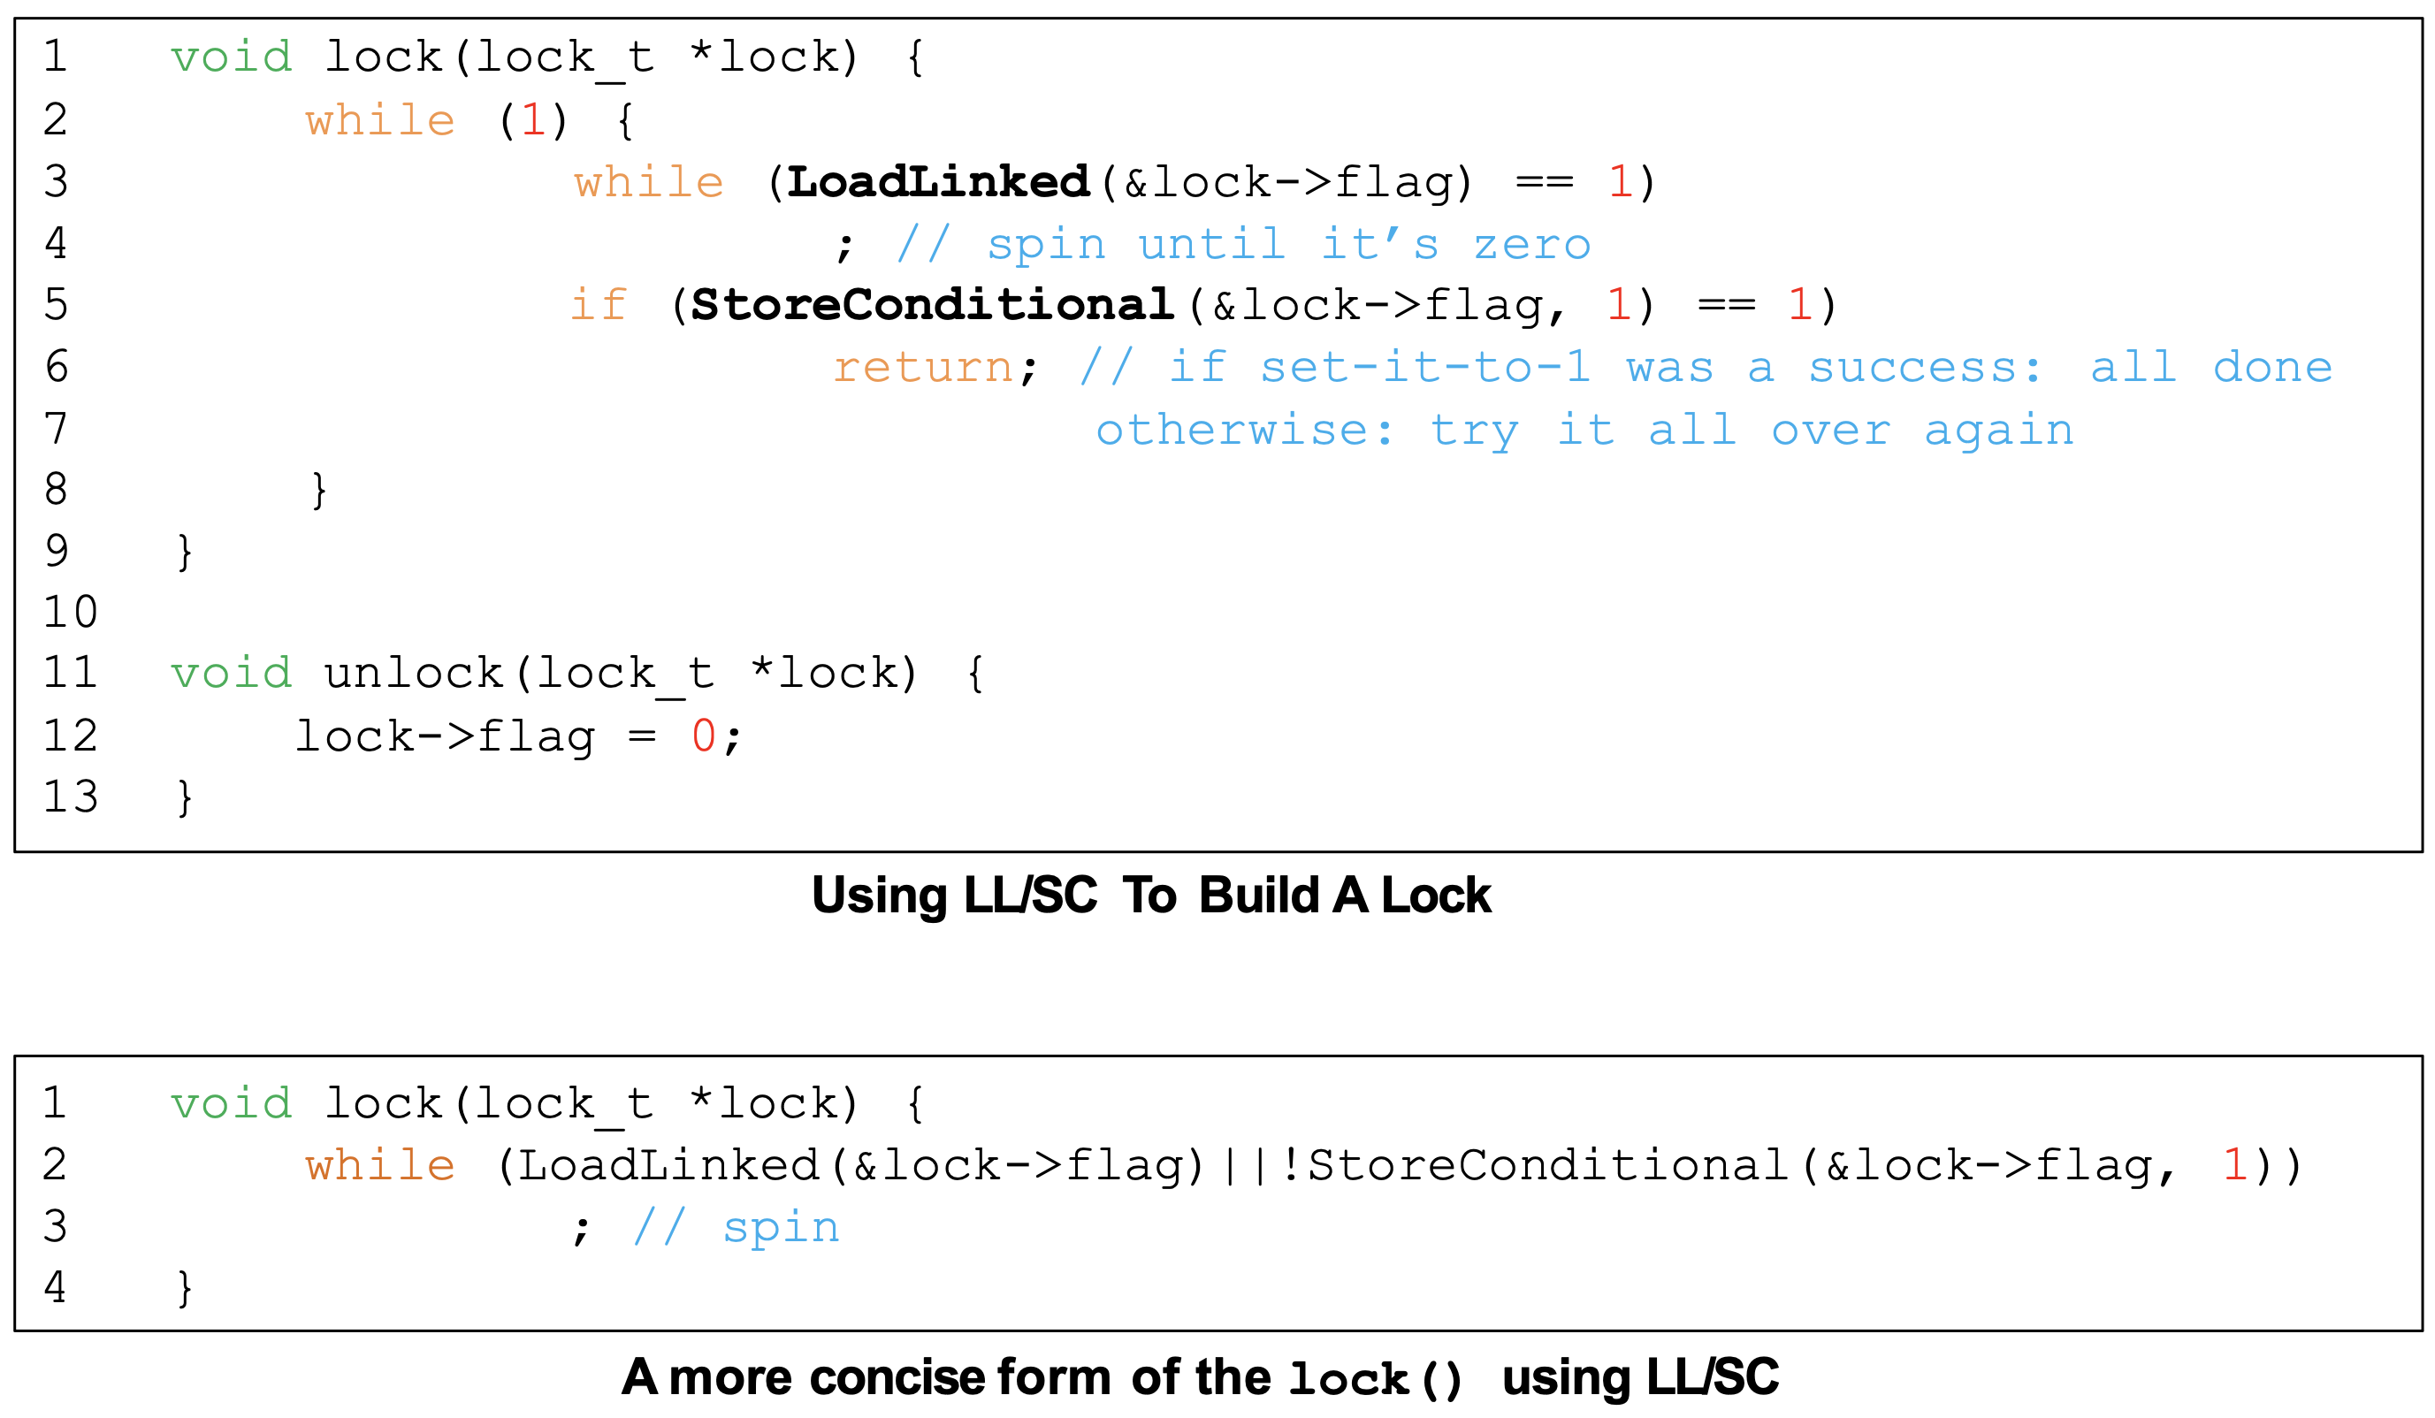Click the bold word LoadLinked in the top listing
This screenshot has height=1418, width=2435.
coord(938,183)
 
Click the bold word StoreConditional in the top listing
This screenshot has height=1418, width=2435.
coord(933,305)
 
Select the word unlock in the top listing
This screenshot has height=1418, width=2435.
coord(413,674)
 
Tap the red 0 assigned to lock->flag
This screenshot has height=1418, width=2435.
coord(704,736)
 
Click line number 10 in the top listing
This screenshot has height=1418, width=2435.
coord(71,612)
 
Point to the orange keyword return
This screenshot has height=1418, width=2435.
coord(923,367)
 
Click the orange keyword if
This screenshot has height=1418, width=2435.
coord(598,305)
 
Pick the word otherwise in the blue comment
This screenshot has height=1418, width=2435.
coord(1245,430)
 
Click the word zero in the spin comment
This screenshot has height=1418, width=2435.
coord(1531,244)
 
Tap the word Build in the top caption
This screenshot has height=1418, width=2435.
coord(1258,896)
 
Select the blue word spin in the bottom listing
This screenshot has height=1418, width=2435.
coord(781,1228)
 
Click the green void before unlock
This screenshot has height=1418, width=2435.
coord(232,674)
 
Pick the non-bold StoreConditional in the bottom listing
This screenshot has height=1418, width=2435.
coord(1547,1165)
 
